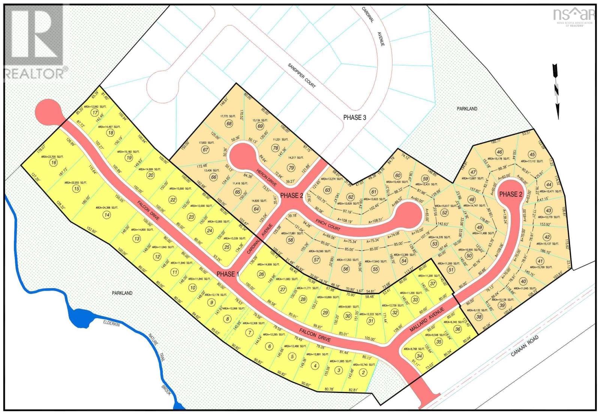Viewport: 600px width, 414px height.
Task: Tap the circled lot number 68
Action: pos(229,124)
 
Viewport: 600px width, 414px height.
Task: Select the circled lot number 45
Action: pos(532,154)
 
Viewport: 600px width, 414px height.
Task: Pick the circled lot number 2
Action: pos(363,372)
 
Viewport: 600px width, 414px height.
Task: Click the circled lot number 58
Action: pos(290,240)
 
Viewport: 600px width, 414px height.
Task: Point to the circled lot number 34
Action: pos(419,356)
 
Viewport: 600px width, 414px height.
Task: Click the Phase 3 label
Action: pos(354,117)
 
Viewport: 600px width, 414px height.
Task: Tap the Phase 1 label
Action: pos(228,274)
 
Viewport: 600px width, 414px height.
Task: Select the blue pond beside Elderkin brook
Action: pos(80,318)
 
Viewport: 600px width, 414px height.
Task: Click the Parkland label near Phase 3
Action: pos(467,109)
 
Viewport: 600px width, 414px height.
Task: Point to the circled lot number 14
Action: pos(107,215)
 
